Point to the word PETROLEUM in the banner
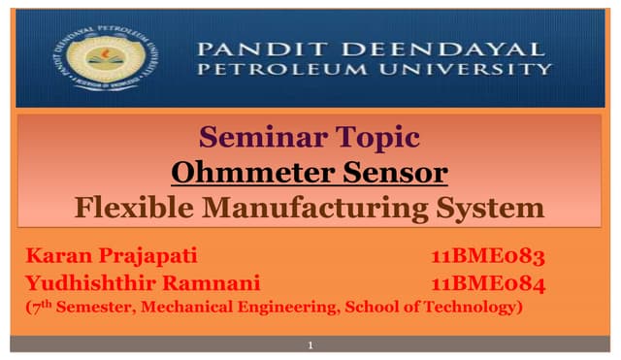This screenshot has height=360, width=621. click(x=278, y=70)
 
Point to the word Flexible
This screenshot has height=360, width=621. click(x=139, y=208)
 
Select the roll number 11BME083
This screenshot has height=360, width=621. click(x=487, y=257)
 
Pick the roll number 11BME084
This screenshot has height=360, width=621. click(x=487, y=283)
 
